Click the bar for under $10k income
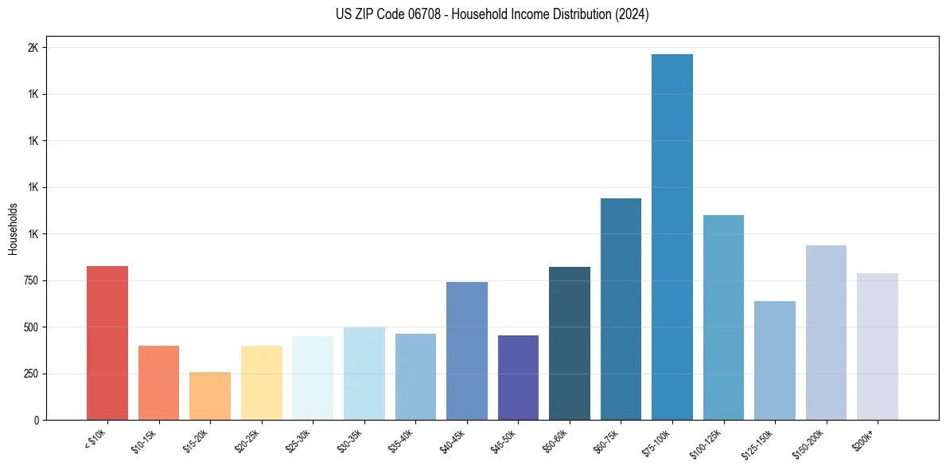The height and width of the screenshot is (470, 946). tap(107, 343)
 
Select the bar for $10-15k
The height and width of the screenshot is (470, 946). tap(158, 382)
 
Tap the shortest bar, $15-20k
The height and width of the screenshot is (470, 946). tap(210, 396)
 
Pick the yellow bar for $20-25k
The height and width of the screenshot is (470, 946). tap(261, 382)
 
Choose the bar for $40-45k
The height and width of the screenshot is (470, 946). tap(466, 351)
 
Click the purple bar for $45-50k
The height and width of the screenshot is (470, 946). tap(518, 378)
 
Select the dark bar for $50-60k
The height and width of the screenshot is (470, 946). tap(569, 343)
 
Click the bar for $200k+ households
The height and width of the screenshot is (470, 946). tap(877, 347)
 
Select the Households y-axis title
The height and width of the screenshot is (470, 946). tap(14, 229)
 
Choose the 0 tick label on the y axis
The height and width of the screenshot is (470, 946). tap(36, 420)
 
